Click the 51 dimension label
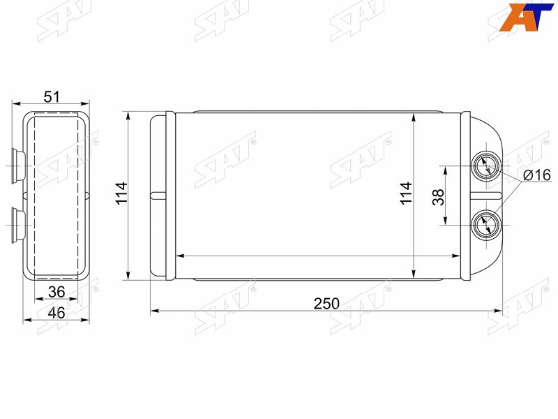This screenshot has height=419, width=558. click(52, 96)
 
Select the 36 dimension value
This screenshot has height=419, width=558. click(56, 292)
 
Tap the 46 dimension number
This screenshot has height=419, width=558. click(56, 313)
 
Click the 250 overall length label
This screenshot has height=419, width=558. click(326, 304)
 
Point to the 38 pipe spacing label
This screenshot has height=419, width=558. click(438, 197)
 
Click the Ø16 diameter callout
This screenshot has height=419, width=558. click(537, 175)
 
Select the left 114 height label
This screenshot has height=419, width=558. click(121, 193)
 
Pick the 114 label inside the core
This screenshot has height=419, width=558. click(406, 193)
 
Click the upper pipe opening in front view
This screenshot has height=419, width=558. click(485, 166)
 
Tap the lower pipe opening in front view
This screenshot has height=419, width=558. click(485, 225)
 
